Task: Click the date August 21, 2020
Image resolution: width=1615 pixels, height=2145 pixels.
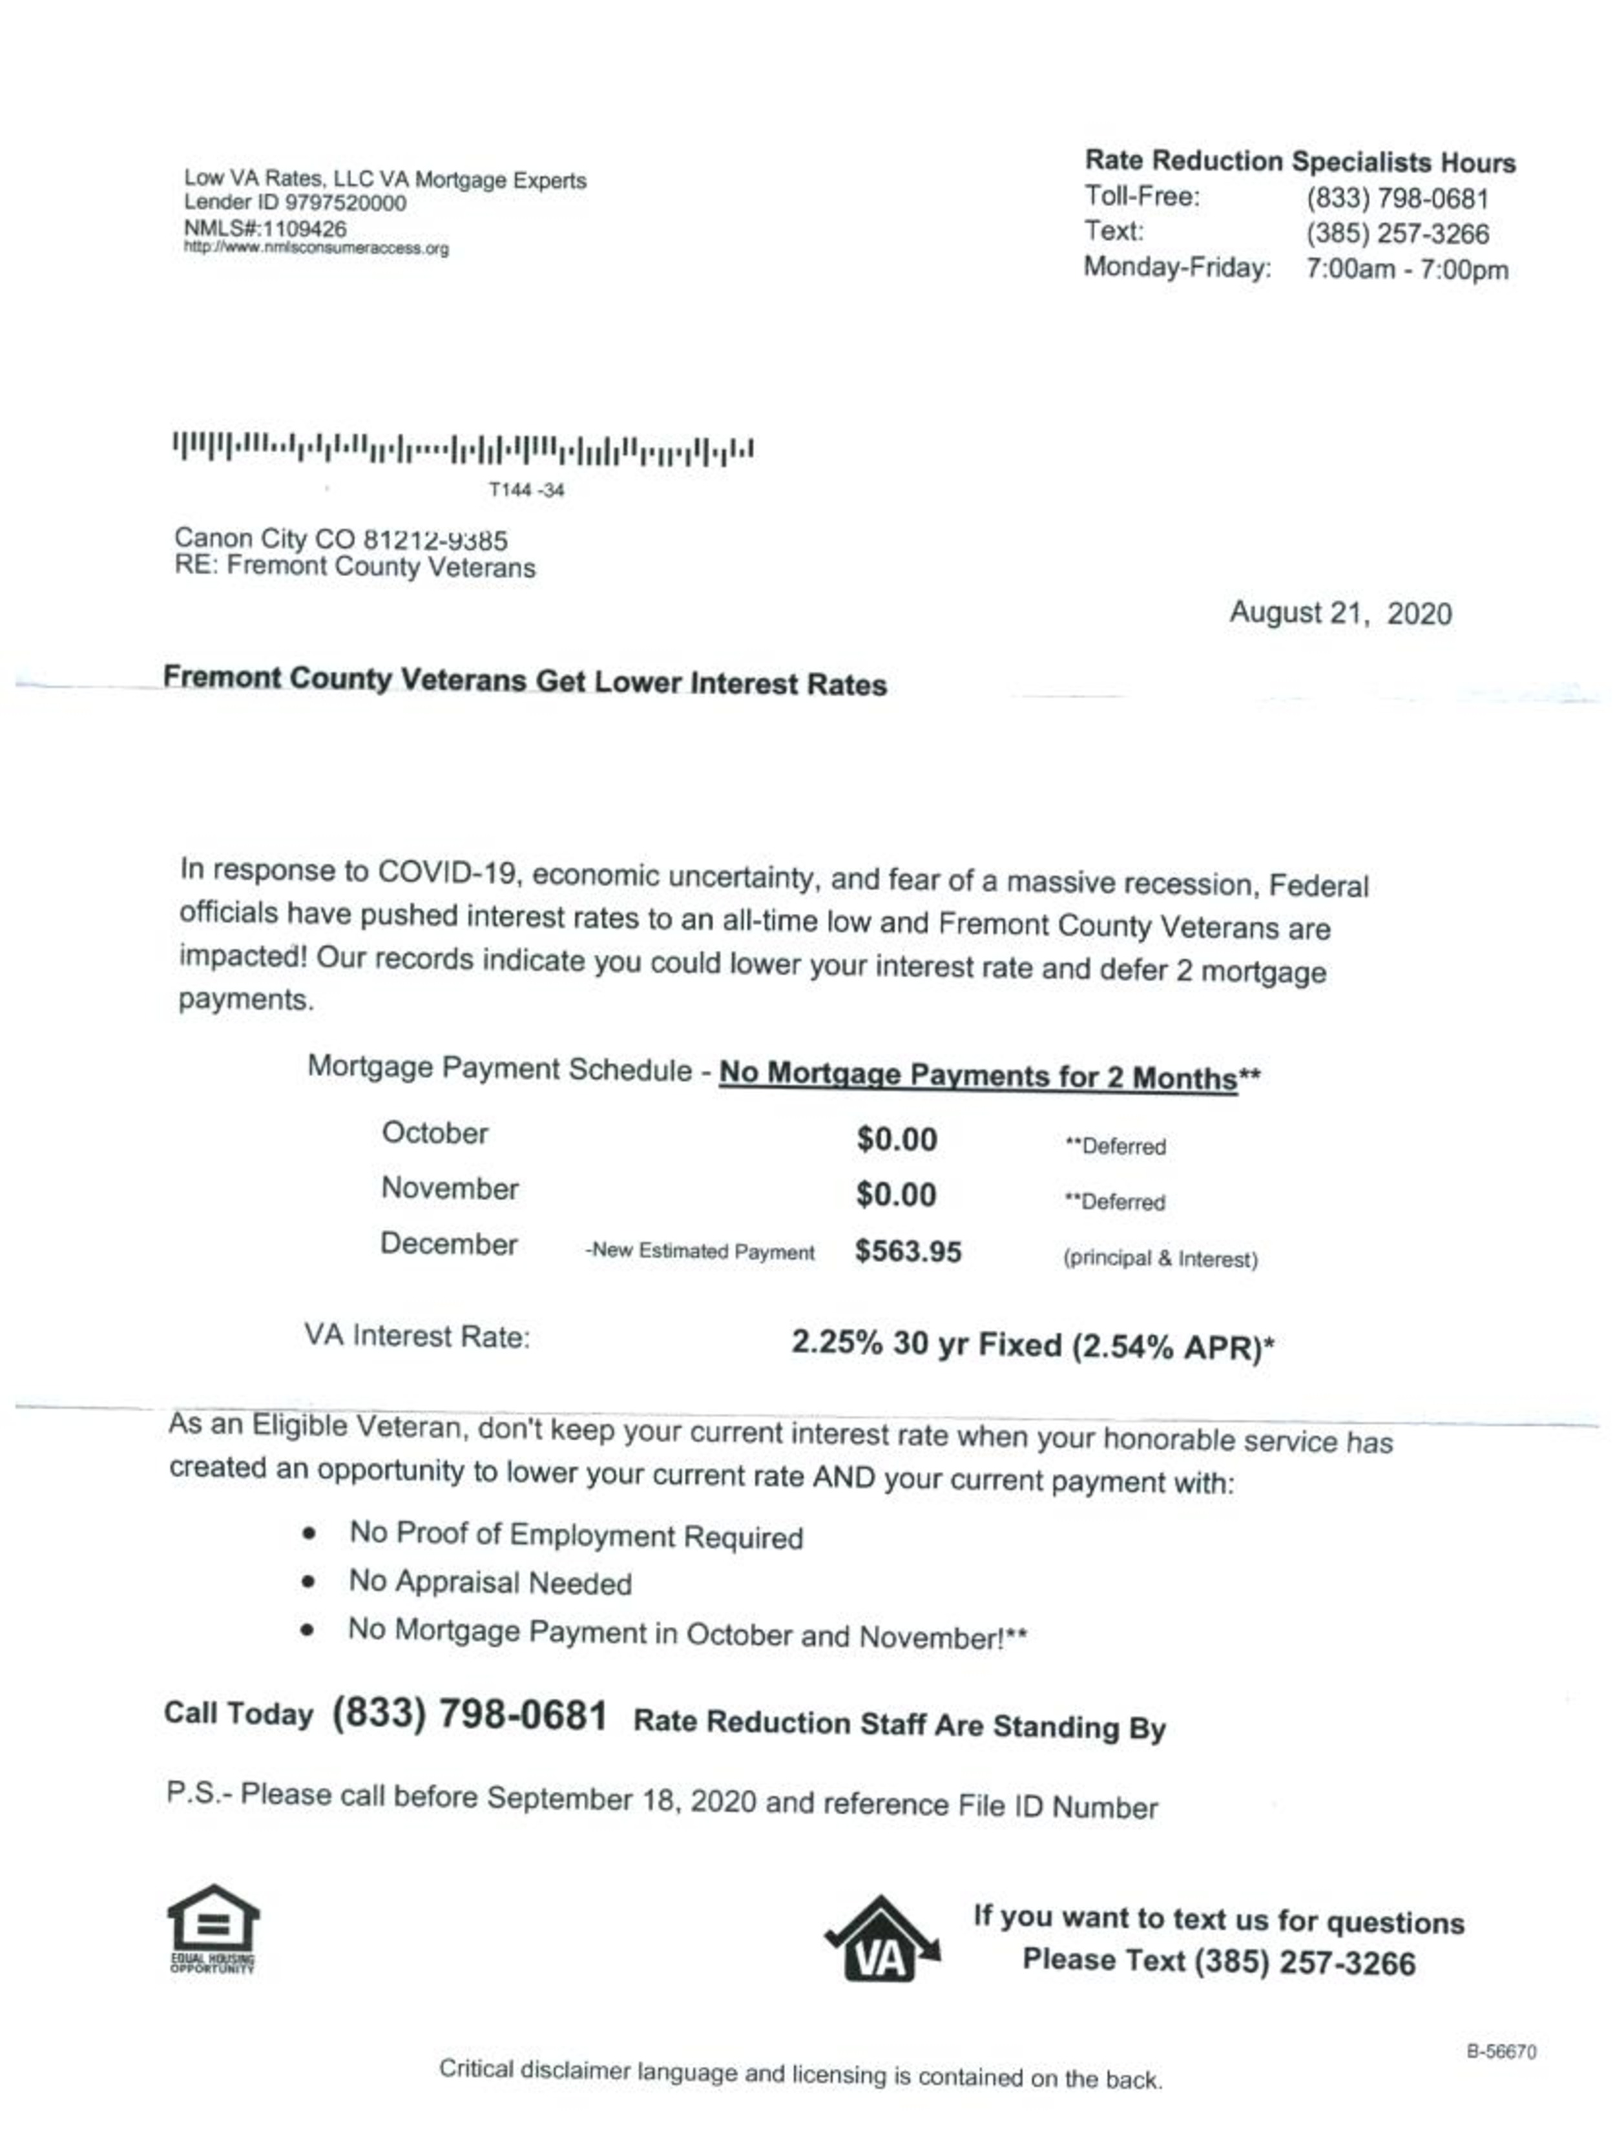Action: click(x=1340, y=613)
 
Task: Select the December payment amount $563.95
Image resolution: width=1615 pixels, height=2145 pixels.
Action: click(x=907, y=1252)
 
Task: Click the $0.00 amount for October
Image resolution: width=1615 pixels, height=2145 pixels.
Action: click(x=896, y=1139)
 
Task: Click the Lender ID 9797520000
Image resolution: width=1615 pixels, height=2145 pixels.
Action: click(x=344, y=203)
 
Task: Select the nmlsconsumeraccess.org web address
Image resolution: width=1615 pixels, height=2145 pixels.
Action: click(x=316, y=248)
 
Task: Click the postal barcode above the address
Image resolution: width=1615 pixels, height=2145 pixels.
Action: click(x=463, y=449)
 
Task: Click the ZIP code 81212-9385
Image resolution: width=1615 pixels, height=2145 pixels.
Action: click(x=435, y=540)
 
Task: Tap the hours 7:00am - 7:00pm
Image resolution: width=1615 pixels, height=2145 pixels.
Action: click(x=1406, y=269)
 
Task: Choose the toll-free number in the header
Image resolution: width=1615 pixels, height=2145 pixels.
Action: click(x=1396, y=199)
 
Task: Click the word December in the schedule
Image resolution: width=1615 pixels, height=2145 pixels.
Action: click(x=448, y=1244)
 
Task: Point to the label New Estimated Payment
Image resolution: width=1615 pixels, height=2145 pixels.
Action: click(x=700, y=1252)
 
